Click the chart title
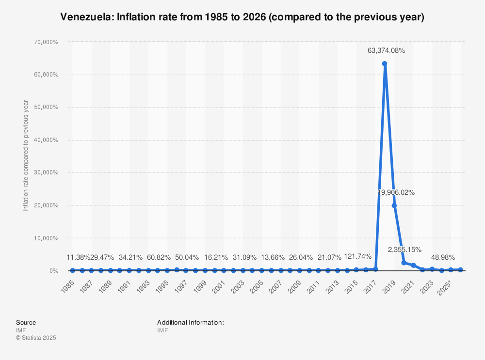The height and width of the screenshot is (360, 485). (x=242, y=18)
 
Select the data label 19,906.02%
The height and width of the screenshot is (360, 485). (x=396, y=192)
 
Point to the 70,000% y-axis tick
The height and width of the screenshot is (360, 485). (x=47, y=42)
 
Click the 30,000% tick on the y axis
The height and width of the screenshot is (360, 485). (x=47, y=172)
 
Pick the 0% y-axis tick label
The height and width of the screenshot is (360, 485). (x=53, y=271)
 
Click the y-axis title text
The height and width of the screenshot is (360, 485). (x=26, y=156)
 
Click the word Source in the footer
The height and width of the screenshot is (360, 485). (x=26, y=322)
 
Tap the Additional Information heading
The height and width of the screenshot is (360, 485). (x=190, y=322)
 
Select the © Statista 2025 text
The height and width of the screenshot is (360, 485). (x=36, y=338)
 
